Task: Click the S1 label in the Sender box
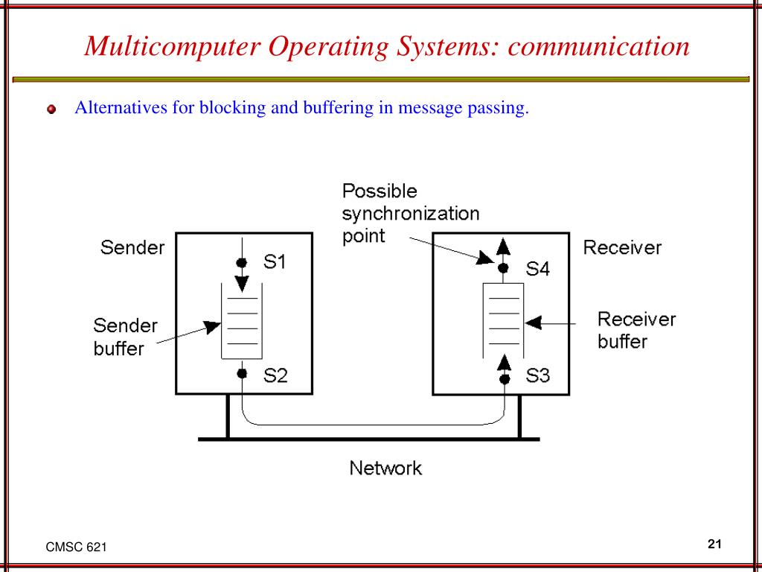[x=275, y=262]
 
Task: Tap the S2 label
[x=275, y=376]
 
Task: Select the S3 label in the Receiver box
[x=537, y=376]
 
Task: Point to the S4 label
[x=537, y=269]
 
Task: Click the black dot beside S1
[x=241, y=262]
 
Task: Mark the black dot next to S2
[x=241, y=374]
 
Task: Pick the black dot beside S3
[x=505, y=379]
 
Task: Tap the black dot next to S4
[x=504, y=267]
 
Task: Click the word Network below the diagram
[x=385, y=468]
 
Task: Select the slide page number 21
[x=715, y=544]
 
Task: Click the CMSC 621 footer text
[x=76, y=547]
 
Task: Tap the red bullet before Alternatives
[x=51, y=109]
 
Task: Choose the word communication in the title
[x=599, y=46]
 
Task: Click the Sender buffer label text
[x=125, y=337]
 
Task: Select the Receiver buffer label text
[x=636, y=330]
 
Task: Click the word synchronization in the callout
[x=411, y=214]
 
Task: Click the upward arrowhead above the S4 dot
[x=504, y=247]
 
